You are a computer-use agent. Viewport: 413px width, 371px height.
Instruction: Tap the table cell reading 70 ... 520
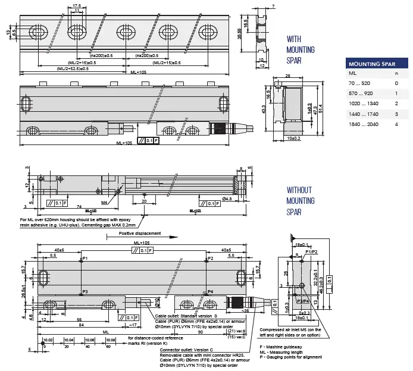[358, 83]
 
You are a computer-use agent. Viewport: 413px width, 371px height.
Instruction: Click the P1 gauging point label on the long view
[85, 259]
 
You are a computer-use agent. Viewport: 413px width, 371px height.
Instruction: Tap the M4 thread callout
[105, 203]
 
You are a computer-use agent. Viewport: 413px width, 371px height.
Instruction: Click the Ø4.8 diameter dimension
[228, 198]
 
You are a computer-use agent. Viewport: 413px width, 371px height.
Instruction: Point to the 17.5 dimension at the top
[77, 5]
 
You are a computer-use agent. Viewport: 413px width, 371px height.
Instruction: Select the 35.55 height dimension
[240, 35]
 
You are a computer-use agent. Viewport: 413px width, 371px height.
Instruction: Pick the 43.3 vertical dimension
[263, 110]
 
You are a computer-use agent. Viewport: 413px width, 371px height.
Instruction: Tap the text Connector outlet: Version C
[187, 350]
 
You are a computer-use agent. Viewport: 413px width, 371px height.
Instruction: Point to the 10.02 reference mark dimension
[48, 340]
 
